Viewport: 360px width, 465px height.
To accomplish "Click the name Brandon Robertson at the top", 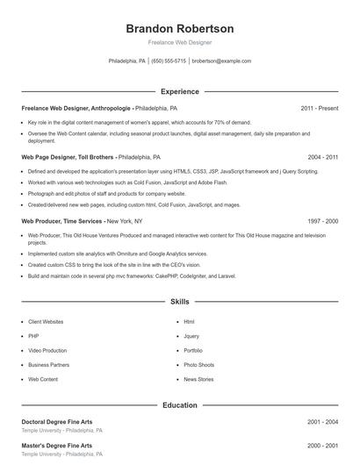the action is [179, 28].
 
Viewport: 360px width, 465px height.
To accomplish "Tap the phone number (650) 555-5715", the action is [169, 61].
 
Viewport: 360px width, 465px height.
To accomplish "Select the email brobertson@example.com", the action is [221, 61].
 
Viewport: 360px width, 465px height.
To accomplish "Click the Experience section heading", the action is [179, 91].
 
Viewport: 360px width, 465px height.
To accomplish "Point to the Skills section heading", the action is [179, 301].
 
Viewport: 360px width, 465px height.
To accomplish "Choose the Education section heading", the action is [179, 405].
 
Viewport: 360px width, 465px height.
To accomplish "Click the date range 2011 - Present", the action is [319, 108].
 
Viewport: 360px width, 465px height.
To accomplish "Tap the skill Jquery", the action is [191, 336].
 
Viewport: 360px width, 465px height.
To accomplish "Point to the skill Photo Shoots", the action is [198, 364].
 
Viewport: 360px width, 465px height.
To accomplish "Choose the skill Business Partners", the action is [48, 364].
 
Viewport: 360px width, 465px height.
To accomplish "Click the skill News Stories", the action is [198, 379].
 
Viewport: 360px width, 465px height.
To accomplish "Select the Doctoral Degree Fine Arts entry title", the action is [56, 422].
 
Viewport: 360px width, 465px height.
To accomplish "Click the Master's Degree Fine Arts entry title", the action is [56, 446].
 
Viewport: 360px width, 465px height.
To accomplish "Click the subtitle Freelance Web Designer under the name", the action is [179, 42].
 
